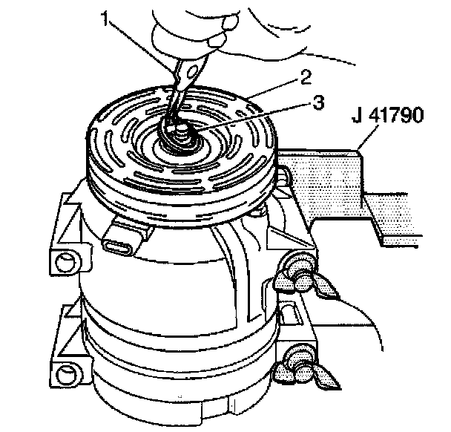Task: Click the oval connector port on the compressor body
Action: [x=122, y=243]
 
